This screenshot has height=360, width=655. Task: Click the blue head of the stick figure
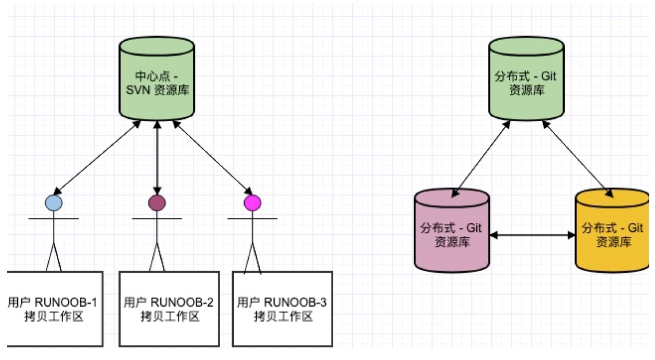coord(53,203)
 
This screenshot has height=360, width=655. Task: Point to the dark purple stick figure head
coord(157,203)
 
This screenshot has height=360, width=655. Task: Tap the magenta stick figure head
coord(252,203)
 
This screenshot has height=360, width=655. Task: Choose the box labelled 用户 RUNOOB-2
coord(169,308)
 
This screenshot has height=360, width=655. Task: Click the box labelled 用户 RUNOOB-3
coord(282,308)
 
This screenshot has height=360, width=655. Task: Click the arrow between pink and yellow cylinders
coord(533,235)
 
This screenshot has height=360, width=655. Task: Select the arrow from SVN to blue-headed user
coord(97,157)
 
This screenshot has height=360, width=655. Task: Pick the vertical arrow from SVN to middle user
coord(157,157)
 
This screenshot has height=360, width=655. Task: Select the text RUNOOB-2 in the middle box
coord(182,303)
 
